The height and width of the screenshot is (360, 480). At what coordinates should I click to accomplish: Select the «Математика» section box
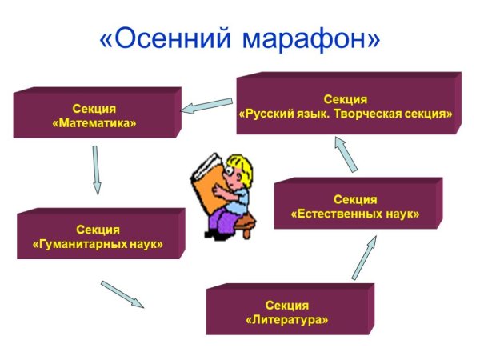pos(94,117)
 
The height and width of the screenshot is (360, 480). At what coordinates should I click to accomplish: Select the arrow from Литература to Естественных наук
pos(364,256)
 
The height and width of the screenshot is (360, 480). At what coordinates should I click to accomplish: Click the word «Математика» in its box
pos(94,124)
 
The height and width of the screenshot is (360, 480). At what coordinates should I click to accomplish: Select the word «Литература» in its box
pos(287,319)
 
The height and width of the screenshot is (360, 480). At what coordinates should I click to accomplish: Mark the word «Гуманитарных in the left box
pos(73,243)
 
